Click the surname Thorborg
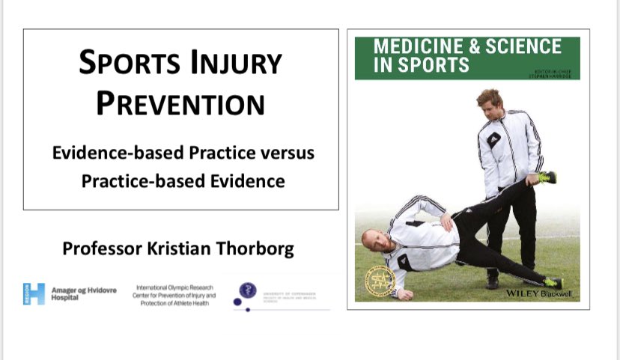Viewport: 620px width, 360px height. [254, 249]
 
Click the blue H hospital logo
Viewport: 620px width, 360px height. [34, 293]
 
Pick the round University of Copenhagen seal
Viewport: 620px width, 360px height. [246, 290]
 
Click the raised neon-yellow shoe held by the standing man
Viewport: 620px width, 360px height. [547, 177]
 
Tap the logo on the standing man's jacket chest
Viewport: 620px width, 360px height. [493, 139]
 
